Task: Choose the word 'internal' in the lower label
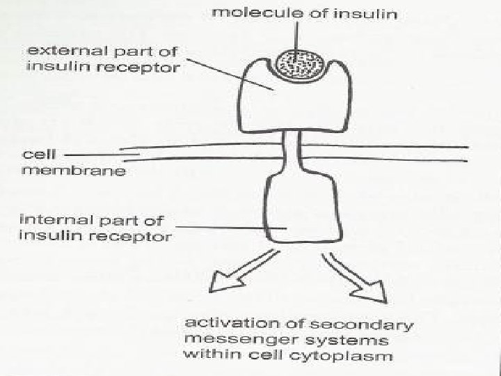[x=52, y=221]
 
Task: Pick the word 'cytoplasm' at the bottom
[x=356, y=357]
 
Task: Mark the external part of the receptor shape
[x=292, y=104]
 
